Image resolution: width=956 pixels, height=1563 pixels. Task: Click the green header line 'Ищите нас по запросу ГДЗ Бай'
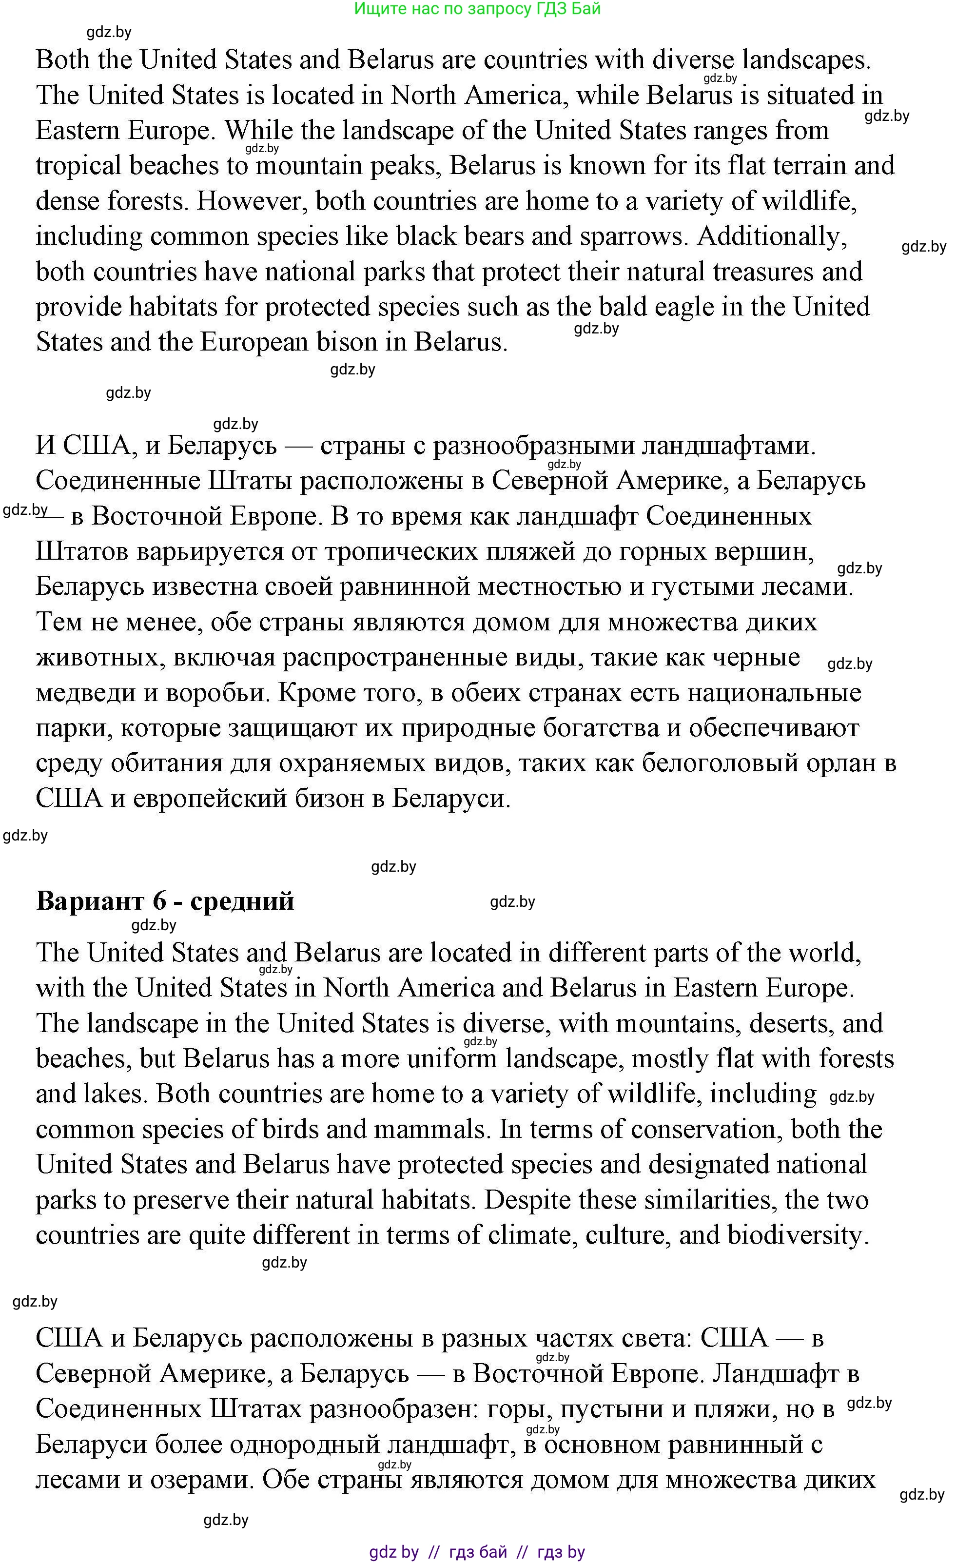(477, 9)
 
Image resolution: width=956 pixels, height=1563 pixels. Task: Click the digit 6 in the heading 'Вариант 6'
(159, 901)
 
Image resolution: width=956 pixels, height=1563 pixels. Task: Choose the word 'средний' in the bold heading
(242, 901)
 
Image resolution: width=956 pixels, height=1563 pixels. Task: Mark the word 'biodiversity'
(797, 1236)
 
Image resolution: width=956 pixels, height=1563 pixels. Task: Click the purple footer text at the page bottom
(477, 1552)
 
